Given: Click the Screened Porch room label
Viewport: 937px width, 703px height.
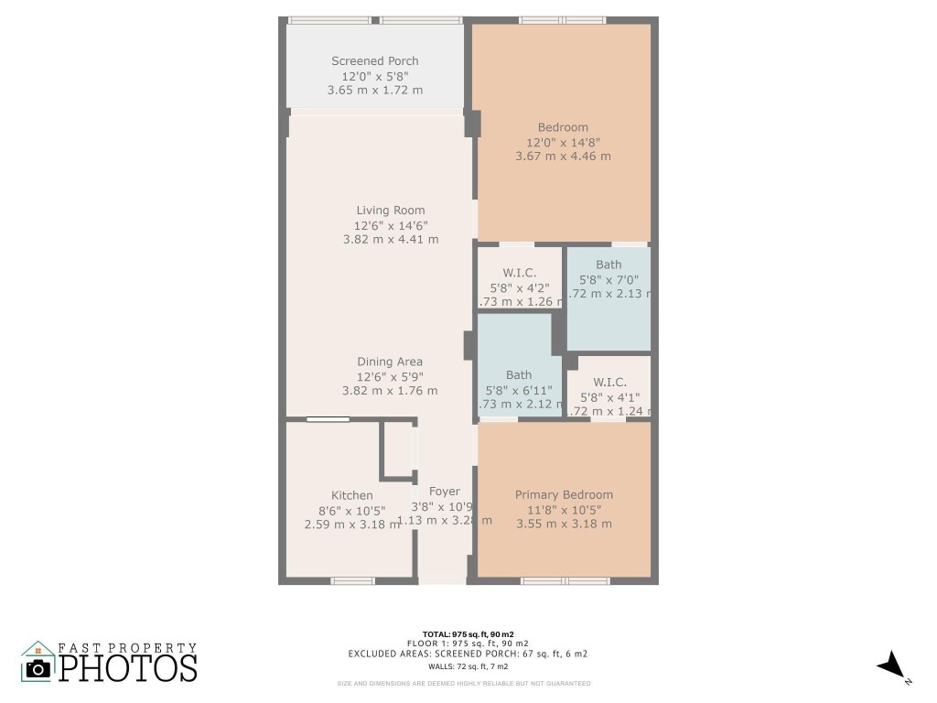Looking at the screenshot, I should [375, 61].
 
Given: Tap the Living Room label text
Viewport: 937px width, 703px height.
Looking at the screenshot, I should [390, 211].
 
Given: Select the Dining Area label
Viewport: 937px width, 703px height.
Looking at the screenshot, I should [390, 362].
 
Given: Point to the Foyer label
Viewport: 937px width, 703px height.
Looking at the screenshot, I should [445, 492].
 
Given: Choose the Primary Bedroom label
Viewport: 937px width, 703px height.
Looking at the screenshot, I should [564, 495].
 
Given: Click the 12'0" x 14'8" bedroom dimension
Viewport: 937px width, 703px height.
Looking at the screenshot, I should [564, 142].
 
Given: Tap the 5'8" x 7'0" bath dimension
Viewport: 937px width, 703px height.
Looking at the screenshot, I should [609, 280].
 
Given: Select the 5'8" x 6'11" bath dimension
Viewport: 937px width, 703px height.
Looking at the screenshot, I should [519, 390].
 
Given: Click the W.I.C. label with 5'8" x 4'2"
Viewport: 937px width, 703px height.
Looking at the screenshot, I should [519, 273].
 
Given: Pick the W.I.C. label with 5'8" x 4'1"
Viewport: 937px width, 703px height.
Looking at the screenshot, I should [609, 383].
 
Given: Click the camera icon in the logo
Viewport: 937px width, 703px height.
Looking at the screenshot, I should [38, 668].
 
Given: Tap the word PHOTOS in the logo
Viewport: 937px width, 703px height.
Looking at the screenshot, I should [128, 667].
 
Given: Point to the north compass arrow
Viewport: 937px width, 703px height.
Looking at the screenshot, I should [890, 665].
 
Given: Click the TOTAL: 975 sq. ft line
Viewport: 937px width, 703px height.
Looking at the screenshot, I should [468, 634].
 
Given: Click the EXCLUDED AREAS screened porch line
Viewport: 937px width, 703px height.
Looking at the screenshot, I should [468, 654].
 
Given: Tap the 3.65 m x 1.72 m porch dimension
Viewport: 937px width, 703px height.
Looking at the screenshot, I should [375, 91].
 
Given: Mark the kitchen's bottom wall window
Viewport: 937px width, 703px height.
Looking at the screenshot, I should [352, 580].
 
